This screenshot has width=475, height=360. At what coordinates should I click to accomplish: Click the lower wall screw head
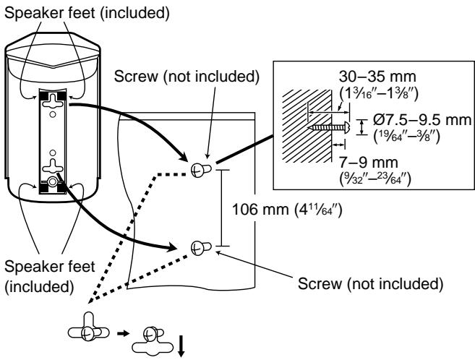(x=197, y=246)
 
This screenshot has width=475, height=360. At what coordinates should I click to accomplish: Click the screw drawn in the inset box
(x=327, y=127)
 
